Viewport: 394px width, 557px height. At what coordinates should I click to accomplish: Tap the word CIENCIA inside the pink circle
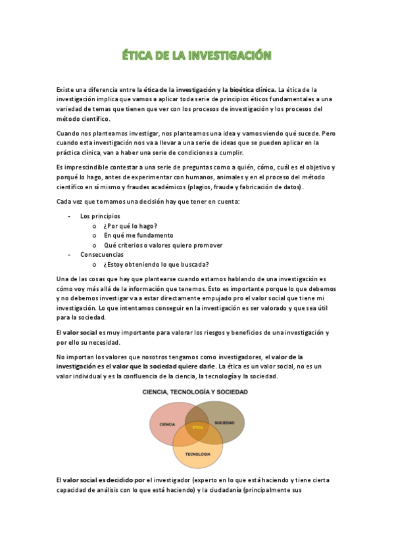click(x=167, y=425)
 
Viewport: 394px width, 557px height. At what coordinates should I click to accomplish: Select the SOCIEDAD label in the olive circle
click(x=224, y=422)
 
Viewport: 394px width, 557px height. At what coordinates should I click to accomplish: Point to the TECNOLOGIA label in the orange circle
click(x=197, y=454)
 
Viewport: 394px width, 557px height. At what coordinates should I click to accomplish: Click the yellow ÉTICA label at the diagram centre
click(x=197, y=428)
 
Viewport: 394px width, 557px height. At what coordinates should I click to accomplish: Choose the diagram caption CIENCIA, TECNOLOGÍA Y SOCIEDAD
click(x=196, y=392)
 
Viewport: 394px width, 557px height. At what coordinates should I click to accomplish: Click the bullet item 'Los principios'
click(x=100, y=215)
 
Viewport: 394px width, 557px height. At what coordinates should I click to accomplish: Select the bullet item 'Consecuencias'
click(x=101, y=254)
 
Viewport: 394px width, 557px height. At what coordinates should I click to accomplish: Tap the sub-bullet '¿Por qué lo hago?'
click(x=130, y=225)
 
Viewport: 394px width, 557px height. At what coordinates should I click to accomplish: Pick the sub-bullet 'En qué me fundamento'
click(x=138, y=235)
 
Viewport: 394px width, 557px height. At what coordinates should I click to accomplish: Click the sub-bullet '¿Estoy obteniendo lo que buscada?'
click(x=156, y=265)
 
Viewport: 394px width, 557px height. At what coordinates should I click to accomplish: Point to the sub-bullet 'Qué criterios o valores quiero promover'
click(x=163, y=245)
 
